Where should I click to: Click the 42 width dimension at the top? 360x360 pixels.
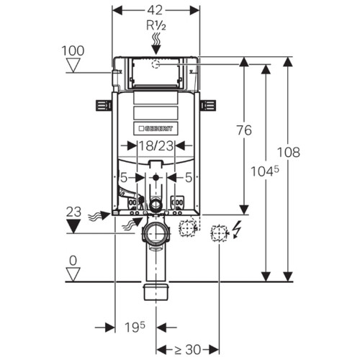pyautogui.click(x=155, y=10)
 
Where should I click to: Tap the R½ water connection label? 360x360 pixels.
pyautogui.click(x=156, y=25)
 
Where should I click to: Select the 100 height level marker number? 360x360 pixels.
pyautogui.click(x=73, y=51)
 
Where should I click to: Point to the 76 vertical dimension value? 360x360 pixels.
pyautogui.click(x=244, y=130)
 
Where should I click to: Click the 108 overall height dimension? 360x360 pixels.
pyautogui.click(x=289, y=152)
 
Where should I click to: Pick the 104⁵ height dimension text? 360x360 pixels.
pyautogui.click(x=265, y=171)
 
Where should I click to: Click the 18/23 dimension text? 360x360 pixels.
pyautogui.click(x=156, y=145)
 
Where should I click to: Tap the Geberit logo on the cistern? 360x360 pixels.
pyautogui.click(x=156, y=129)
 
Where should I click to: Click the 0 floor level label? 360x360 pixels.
pyautogui.click(x=73, y=261)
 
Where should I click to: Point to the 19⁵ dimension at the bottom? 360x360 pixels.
pyautogui.click(x=135, y=327)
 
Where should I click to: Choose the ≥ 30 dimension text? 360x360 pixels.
pyautogui.click(x=187, y=350)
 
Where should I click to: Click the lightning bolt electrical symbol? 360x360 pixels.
pyautogui.click(x=237, y=229)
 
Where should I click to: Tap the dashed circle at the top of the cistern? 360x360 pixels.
pyautogui.click(x=156, y=64)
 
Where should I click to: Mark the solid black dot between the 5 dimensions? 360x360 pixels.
pyautogui.click(x=156, y=178)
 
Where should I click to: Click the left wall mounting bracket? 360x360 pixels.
pyautogui.click(x=104, y=105)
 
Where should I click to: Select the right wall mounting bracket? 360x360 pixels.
pyautogui.click(x=208, y=105)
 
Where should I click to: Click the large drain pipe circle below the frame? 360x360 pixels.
pyautogui.click(x=156, y=233)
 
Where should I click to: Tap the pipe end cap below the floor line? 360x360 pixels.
pyautogui.click(x=156, y=292)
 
